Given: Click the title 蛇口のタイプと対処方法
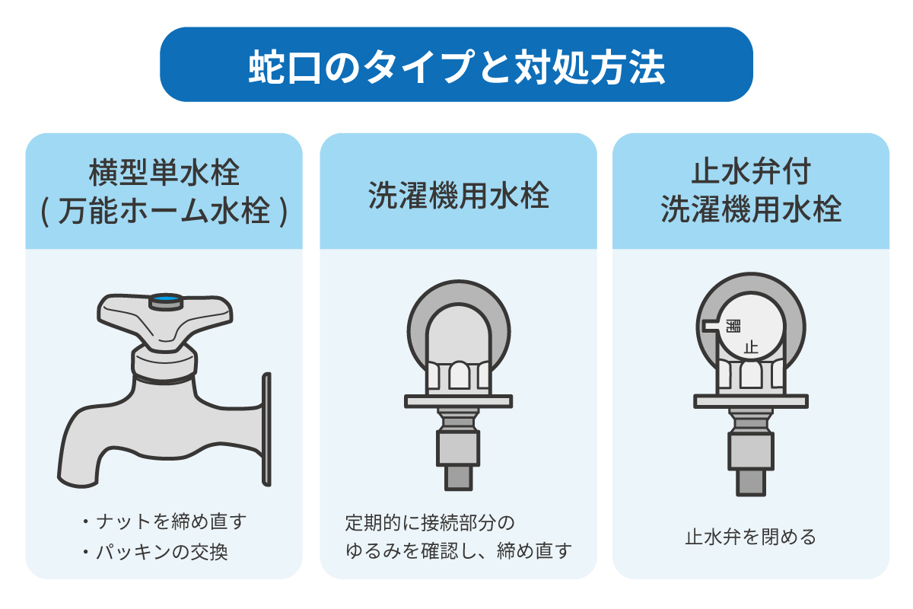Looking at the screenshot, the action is (456, 66).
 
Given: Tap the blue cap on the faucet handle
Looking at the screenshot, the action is (166, 299).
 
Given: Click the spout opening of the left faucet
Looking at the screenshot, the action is (78, 481).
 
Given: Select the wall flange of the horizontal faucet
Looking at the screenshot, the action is (266, 429).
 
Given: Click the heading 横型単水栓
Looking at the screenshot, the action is (164, 173).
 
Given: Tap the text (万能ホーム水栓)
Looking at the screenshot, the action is (164, 212).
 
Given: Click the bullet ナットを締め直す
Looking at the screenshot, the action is (164, 521).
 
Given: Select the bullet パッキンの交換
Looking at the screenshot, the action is (155, 553).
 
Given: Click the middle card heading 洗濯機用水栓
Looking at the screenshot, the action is (459, 196).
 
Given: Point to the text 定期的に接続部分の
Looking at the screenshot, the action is (430, 523).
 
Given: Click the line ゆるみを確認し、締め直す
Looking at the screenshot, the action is (459, 550).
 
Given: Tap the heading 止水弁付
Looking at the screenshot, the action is (751, 172).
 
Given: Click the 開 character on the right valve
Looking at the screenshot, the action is (733, 326).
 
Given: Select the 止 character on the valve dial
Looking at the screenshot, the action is (751, 348).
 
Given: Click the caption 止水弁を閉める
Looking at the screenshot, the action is (751, 537).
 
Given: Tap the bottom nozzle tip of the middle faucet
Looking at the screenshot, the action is (458, 477).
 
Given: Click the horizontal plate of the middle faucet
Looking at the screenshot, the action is (459, 401).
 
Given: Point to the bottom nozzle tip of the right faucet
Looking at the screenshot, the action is (751, 483).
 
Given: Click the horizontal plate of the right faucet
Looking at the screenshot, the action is (751, 401).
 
